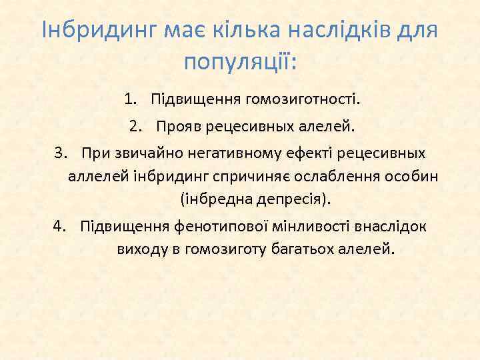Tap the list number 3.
coord(61,154)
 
